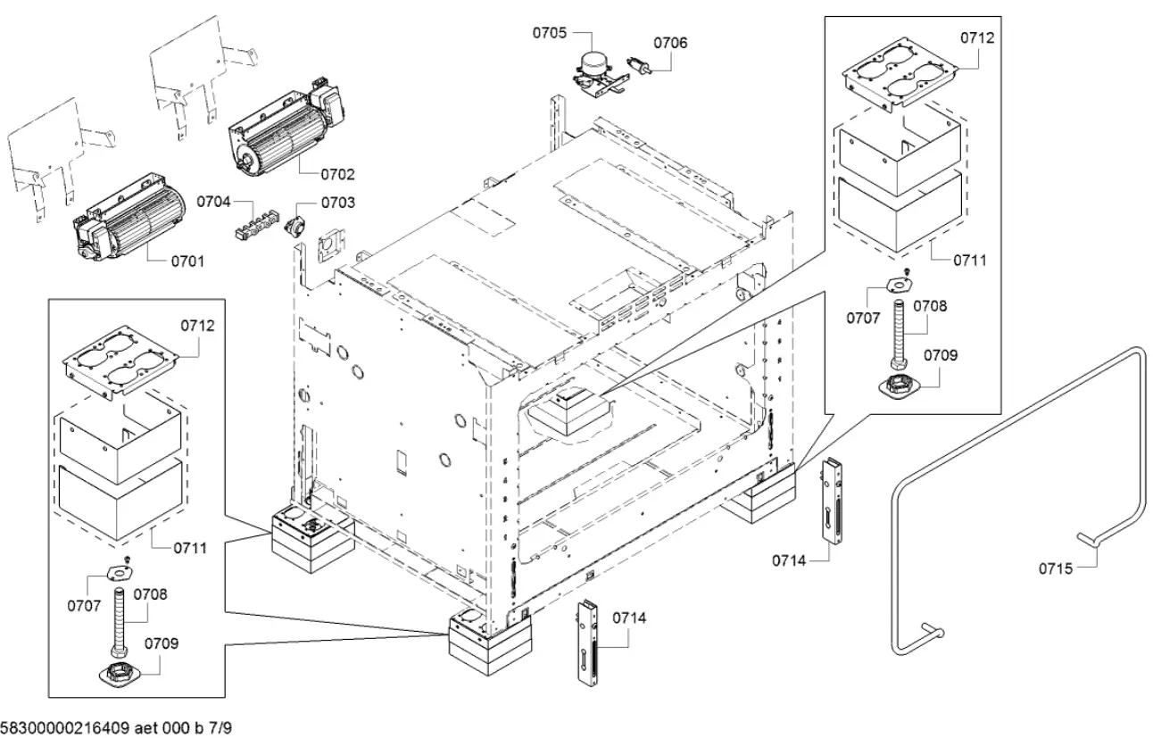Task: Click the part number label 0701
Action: [187, 261]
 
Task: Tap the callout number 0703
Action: [337, 203]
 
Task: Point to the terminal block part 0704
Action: [252, 224]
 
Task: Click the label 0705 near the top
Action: [550, 34]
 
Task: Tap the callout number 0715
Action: [1056, 566]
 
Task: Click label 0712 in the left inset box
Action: [198, 326]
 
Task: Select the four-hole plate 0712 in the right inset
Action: [898, 77]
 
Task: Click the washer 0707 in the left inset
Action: [116, 572]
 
